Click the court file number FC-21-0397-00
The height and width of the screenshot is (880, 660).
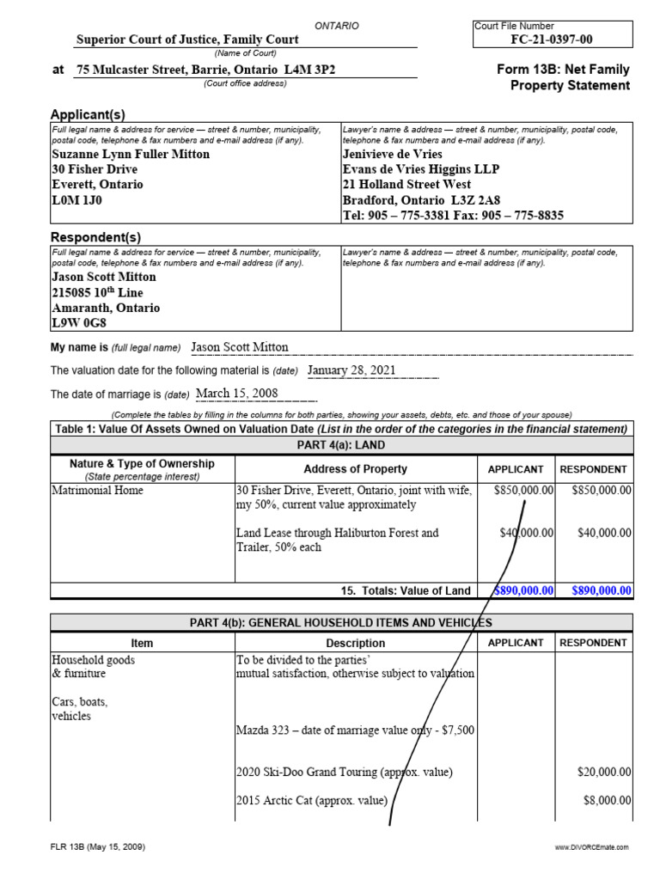click(553, 39)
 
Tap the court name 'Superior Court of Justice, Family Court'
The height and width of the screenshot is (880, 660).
click(187, 40)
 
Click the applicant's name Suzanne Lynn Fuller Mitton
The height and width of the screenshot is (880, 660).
click(131, 154)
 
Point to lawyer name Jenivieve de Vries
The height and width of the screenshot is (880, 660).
click(393, 154)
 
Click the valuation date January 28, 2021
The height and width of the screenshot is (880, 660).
click(351, 370)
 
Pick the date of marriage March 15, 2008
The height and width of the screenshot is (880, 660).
click(237, 394)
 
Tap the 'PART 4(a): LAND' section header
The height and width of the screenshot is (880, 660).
click(341, 444)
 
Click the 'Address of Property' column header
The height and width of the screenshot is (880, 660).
click(355, 469)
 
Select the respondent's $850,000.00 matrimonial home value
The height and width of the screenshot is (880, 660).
click(596, 490)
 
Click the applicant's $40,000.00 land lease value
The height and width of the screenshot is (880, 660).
click(527, 533)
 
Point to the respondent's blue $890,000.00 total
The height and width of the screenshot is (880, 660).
click(596, 590)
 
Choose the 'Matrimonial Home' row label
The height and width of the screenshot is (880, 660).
click(98, 490)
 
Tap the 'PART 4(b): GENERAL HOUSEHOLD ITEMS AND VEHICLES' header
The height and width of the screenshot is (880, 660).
click(341, 622)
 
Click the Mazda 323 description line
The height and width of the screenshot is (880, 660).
click(355, 730)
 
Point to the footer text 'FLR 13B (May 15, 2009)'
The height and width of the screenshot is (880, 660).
click(96, 846)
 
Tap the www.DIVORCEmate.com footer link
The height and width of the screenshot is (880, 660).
click(592, 847)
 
